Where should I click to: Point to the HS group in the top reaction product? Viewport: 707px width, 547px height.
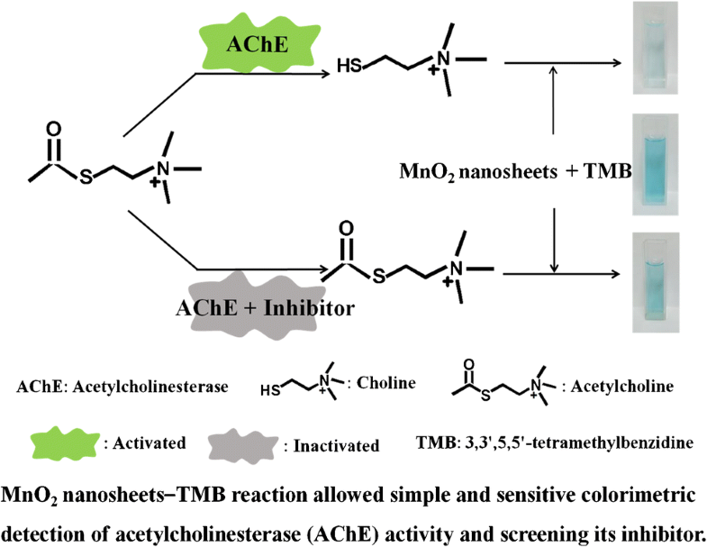coord(349,66)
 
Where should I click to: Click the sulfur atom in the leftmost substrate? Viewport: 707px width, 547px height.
coord(85,177)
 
